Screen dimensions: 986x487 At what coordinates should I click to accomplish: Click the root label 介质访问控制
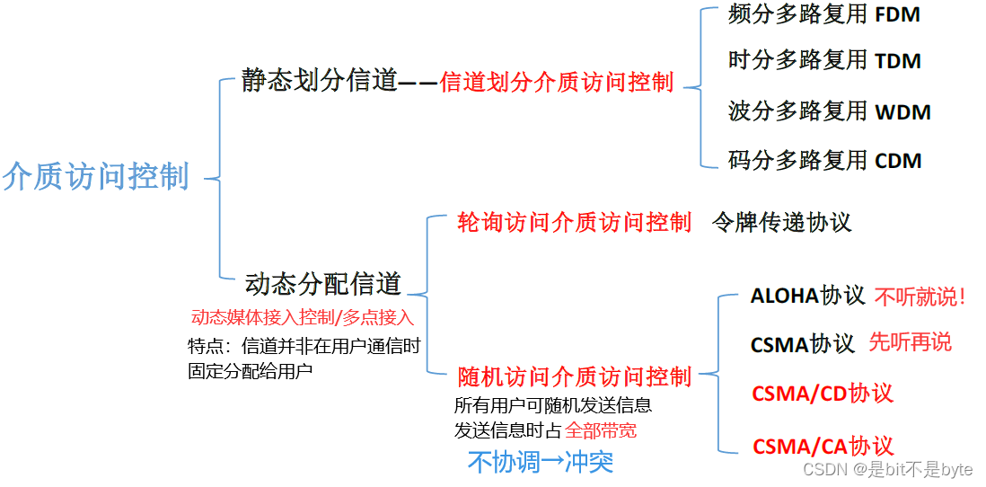pos(96,176)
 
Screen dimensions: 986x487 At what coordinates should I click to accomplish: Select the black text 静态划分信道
pos(319,81)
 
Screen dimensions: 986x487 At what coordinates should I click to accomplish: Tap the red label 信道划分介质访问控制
pos(557,83)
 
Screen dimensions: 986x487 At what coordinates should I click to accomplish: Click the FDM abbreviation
pos(897,14)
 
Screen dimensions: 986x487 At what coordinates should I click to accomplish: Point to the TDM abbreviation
pos(898,61)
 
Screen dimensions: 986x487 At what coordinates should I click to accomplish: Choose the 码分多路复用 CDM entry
pos(824,161)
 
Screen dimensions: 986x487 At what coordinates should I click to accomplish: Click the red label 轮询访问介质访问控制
pos(575,223)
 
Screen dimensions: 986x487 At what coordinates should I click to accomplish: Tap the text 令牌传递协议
pos(781,223)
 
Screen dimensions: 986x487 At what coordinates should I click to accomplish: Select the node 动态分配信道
pos(323,284)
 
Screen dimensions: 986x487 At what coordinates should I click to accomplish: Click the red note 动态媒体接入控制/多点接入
pos(303,317)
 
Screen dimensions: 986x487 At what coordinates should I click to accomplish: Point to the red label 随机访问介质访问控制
pos(575,376)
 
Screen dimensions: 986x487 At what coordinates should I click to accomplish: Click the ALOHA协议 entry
pos(807,296)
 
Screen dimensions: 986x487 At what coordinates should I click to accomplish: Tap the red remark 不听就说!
pos(920,297)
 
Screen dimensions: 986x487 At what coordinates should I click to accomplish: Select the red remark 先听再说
pos(910,342)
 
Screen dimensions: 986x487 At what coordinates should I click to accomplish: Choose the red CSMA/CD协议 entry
pos(823,394)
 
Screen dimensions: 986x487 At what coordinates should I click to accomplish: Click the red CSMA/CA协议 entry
pos(823,446)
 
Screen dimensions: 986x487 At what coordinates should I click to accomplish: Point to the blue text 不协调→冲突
pos(541,462)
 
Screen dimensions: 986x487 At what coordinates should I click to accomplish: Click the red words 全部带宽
pos(601,430)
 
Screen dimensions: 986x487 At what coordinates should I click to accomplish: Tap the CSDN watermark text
pos(887,469)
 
